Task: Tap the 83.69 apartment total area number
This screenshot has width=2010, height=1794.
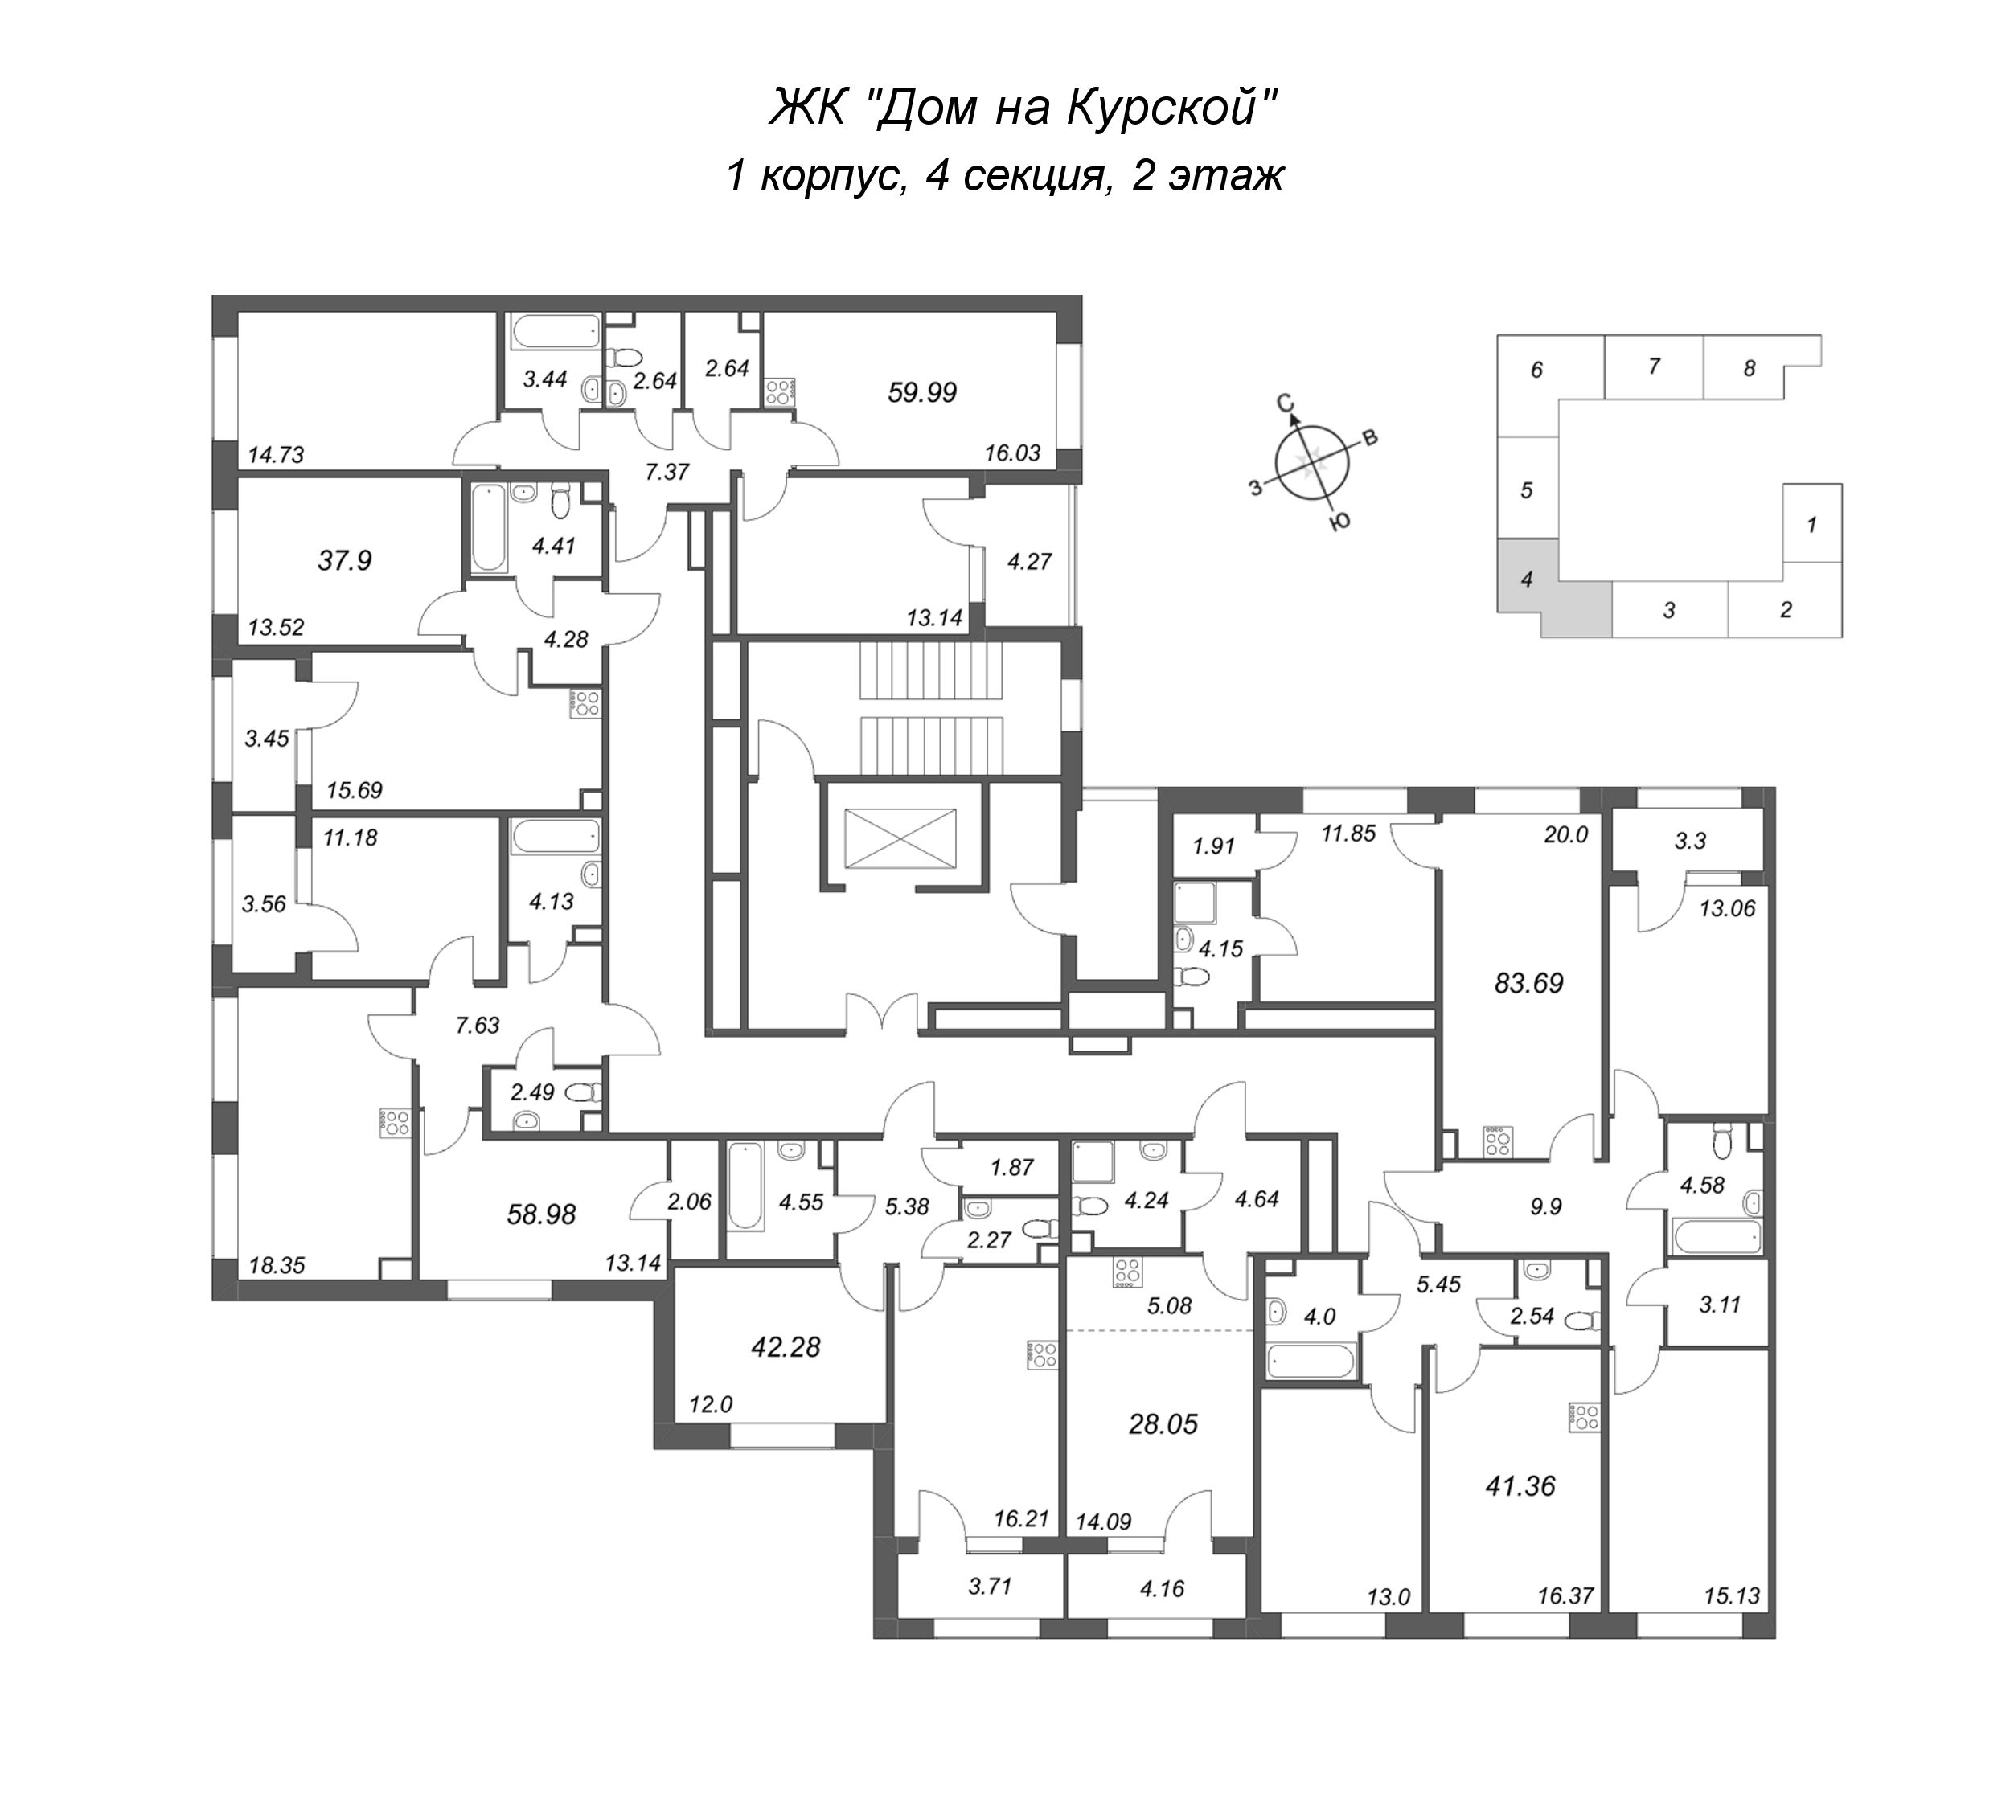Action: point(1529,983)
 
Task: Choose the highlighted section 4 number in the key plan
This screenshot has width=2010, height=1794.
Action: point(1526,580)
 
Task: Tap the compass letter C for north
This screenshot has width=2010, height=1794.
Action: point(1285,402)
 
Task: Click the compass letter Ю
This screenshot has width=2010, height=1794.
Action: point(1339,523)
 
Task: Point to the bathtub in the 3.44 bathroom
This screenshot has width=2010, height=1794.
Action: point(555,331)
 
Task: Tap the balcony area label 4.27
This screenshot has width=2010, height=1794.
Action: point(1029,561)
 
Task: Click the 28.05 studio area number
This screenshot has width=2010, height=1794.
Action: point(1163,1423)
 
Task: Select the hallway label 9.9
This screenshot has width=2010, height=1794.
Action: point(1546,1206)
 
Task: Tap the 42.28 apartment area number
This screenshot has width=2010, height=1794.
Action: point(786,1346)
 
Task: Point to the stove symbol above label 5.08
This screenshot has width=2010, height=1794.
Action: point(1126,1272)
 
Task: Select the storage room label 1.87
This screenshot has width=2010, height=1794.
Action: point(1011,1167)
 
